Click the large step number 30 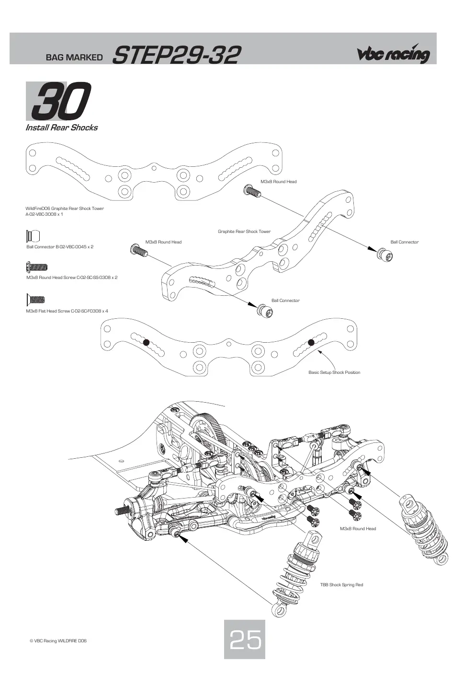pos(61,101)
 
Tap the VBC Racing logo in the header pos(394,54)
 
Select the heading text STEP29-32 pos(176,55)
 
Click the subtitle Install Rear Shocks pos(61,128)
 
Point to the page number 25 pos(245,639)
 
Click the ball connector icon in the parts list pos(33,236)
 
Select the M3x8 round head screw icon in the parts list pos(37,267)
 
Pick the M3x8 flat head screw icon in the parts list pos(35,299)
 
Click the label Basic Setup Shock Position pos(334,372)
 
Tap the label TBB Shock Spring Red pos(341,585)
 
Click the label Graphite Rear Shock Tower pos(244,232)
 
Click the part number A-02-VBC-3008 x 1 pos(45,214)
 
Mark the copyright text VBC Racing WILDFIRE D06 pos(58,641)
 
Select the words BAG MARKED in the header pos(74,58)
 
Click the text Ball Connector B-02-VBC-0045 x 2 pos(60,247)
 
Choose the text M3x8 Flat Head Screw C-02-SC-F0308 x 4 pos(67,311)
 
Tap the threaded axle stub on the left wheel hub pos(123,510)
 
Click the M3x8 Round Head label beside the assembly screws pos(358,529)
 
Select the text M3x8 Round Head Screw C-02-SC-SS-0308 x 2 pos(72,278)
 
